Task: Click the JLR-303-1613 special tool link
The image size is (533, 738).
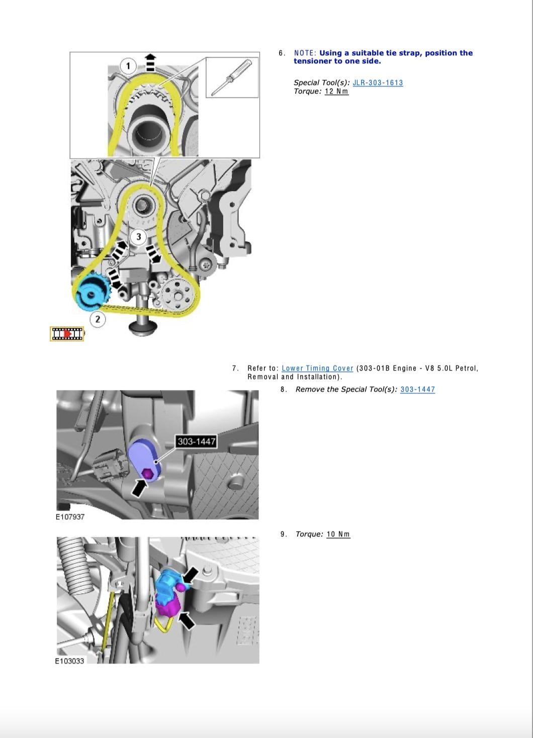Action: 378,82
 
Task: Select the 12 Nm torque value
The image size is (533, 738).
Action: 336,91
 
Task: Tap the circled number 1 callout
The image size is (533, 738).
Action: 129,66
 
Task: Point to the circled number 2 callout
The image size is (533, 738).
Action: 98,319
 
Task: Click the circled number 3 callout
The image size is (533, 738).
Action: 138,237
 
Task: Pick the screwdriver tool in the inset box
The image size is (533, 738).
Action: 231,77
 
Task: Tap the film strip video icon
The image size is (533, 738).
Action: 67,334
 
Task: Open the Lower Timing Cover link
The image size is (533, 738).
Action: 317,368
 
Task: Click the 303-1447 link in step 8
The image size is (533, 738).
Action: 418,390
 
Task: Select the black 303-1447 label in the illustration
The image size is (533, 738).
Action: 197,441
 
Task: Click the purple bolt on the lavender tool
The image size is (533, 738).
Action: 147,474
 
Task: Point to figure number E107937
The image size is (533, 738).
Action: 70,517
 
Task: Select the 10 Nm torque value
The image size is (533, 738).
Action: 338,534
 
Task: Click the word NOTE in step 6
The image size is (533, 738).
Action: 305,53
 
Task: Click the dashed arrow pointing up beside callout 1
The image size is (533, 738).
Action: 150,62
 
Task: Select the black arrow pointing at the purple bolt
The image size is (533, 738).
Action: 139,488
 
